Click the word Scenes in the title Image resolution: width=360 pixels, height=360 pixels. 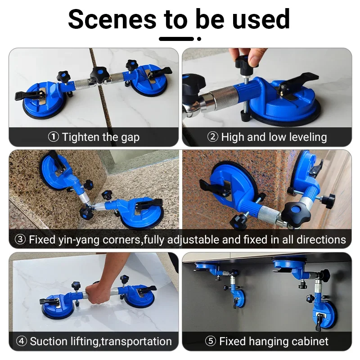112,19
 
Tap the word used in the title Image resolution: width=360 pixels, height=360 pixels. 261,19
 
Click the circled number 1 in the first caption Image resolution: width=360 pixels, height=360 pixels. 53,137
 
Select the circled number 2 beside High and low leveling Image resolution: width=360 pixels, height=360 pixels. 212,137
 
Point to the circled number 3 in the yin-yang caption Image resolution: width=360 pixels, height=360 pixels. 20,239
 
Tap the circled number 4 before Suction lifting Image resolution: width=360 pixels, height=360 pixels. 22,341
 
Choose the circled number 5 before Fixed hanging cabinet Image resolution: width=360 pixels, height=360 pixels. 211,341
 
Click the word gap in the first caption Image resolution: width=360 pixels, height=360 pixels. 130,138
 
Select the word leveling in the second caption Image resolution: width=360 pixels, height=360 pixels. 308,137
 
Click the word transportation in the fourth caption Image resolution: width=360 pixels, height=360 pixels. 136,342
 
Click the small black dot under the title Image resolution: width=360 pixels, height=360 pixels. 199,39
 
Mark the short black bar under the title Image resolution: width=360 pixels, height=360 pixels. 176,39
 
